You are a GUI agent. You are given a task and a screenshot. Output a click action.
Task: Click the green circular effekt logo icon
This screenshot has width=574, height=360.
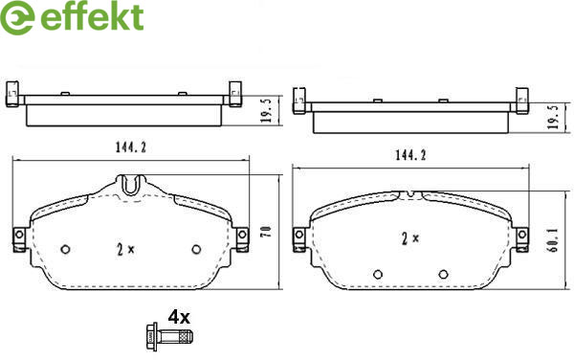[x=17, y=17]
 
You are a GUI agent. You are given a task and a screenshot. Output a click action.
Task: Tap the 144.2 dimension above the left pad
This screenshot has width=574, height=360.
[x=131, y=147]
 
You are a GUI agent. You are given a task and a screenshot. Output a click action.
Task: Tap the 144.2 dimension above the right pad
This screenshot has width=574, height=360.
[x=410, y=155]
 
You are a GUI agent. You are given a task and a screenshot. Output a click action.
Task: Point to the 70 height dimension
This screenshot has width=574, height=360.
[x=266, y=232]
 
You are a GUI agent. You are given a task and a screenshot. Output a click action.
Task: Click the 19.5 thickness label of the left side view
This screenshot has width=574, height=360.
[x=267, y=111]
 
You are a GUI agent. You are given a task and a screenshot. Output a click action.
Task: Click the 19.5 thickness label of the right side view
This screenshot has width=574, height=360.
[x=553, y=117]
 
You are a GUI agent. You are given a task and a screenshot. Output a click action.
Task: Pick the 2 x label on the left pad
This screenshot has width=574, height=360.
[x=125, y=250]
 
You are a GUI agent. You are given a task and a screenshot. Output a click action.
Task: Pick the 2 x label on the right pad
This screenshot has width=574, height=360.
[x=410, y=238]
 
